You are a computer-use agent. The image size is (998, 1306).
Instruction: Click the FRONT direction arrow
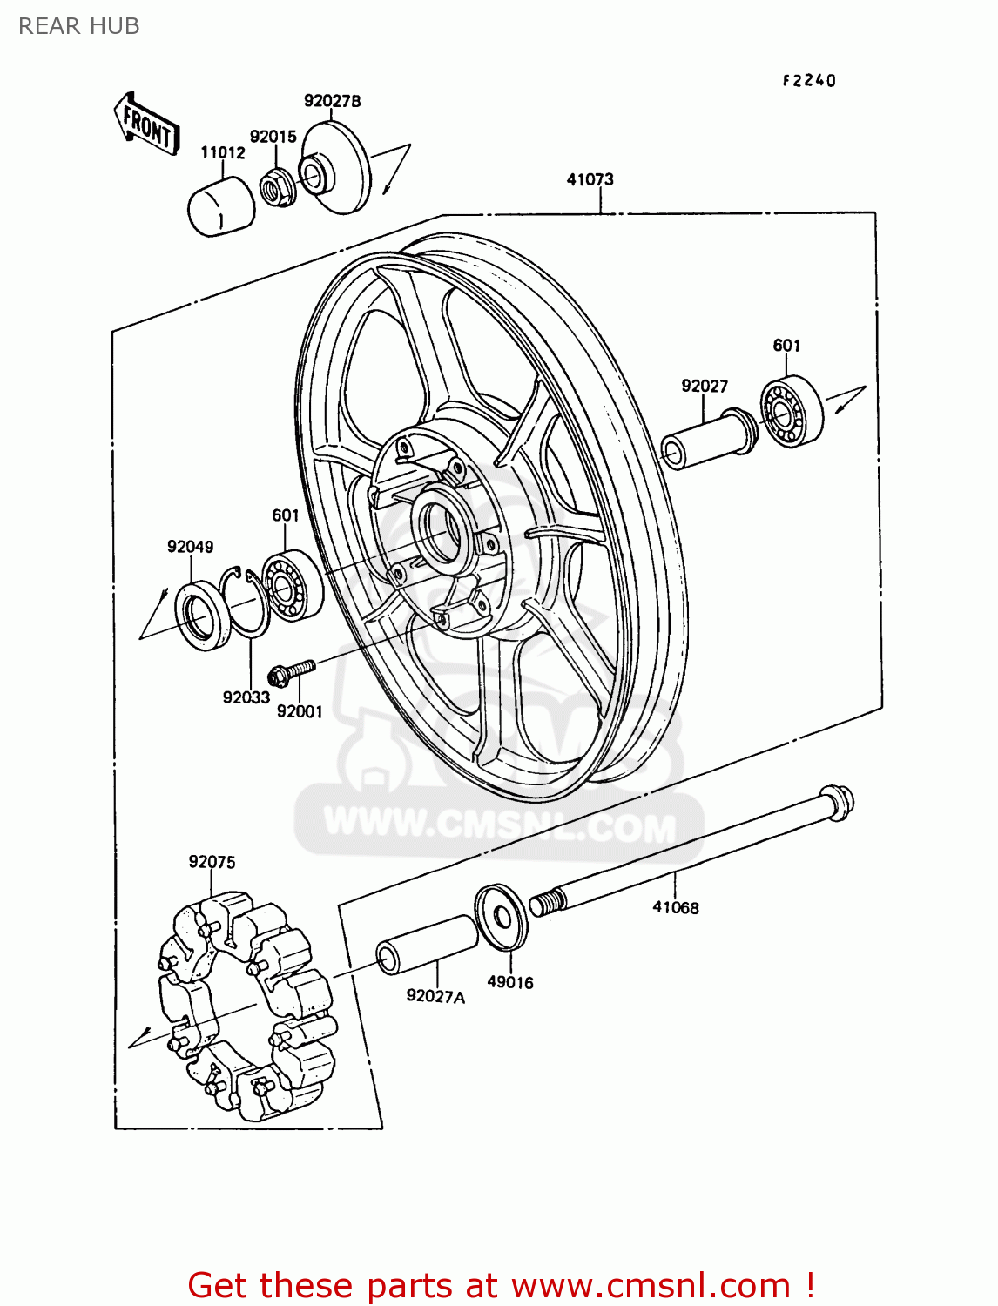point(146,125)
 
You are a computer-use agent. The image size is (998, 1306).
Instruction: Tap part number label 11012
point(223,152)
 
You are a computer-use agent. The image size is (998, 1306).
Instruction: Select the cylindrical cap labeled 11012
point(221,207)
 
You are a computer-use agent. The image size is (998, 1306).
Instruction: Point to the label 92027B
point(332,101)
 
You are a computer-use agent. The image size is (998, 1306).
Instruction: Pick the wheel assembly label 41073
point(590,179)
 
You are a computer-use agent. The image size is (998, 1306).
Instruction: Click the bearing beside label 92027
point(791,410)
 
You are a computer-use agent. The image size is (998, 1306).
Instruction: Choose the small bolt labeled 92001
point(292,671)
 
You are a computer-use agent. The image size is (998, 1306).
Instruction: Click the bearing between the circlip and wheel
point(293,585)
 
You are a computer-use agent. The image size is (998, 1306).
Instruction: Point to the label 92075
point(212,862)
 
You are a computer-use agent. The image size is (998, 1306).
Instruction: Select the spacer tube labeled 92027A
point(427,944)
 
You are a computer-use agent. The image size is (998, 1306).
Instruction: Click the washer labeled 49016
point(502,917)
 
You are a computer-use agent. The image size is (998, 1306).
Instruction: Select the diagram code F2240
point(809,80)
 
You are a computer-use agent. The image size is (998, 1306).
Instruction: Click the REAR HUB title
point(79,26)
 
